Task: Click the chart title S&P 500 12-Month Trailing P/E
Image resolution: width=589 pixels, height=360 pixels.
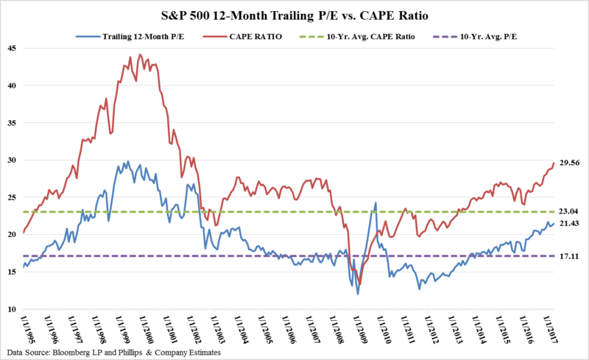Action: pos(294,15)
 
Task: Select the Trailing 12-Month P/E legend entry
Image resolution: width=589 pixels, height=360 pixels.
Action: pos(137,35)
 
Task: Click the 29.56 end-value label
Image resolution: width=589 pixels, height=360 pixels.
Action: pos(570,163)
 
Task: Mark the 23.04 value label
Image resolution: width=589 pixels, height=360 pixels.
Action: pos(570,212)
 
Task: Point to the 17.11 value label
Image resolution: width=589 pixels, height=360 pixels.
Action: pos(570,256)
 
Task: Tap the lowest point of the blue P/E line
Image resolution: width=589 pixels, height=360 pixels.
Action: pos(359,294)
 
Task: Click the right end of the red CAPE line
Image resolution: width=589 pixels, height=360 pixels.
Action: pos(554,163)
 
